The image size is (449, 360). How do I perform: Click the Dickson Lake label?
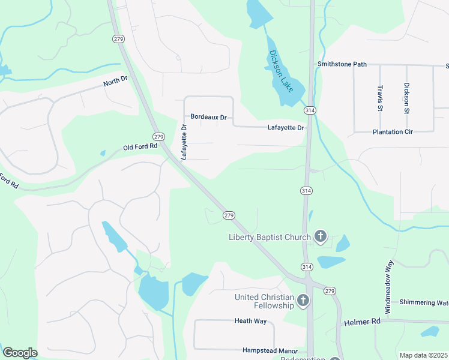click(281, 71)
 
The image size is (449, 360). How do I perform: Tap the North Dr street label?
click(116, 80)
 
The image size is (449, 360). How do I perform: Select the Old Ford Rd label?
click(140, 146)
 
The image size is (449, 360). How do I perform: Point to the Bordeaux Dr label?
click(208, 117)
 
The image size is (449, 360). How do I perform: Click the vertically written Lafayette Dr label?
click(185, 142)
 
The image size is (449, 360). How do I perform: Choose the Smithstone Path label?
click(342, 64)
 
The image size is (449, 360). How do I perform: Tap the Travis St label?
click(380, 97)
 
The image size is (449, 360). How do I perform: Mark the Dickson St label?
click(406, 98)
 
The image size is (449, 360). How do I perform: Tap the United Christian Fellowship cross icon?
click(303, 301)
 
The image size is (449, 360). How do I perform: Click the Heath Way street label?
click(250, 321)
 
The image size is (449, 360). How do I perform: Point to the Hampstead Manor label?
click(270, 350)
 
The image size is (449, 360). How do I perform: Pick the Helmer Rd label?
click(363, 323)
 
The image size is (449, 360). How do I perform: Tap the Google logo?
click(20, 353)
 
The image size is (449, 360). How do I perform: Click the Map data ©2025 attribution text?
click(423, 355)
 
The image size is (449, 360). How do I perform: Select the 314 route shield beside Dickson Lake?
click(309, 111)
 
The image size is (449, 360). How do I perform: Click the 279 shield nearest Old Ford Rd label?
click(158, 137)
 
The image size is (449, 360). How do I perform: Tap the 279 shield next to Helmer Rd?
click(330, 291)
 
